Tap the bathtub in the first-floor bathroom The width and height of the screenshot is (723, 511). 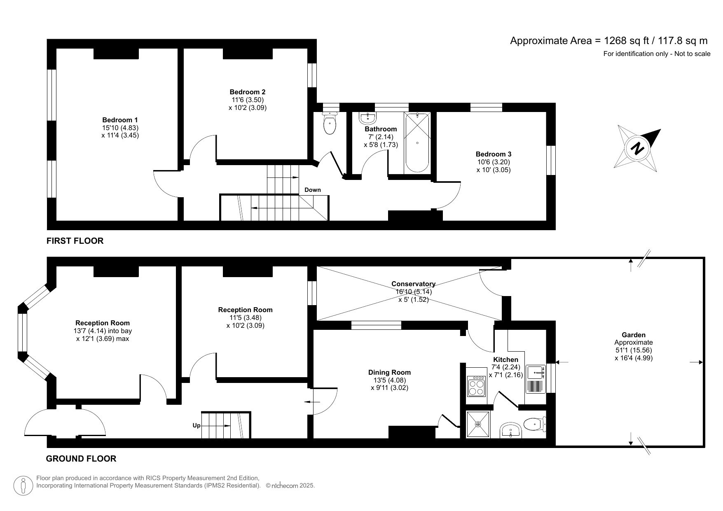(417, 142)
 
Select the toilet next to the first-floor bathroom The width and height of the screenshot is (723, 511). (330, 124)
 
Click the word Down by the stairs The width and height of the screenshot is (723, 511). (312, 190)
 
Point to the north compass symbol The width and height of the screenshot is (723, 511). (637, 148)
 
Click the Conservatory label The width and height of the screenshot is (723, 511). (413, 284)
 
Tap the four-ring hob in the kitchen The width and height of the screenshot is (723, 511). (476, 386)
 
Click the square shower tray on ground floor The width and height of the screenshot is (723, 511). (478, 424)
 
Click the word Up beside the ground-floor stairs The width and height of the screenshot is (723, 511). (197, 425)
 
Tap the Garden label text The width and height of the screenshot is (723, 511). (633, 335)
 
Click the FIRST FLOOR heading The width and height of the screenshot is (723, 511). (75, 241)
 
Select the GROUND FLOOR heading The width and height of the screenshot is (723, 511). (81, 458)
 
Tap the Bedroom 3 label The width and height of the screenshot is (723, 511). (493, 154)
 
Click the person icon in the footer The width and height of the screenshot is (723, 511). (23, 486)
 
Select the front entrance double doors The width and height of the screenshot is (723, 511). (64, 423)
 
